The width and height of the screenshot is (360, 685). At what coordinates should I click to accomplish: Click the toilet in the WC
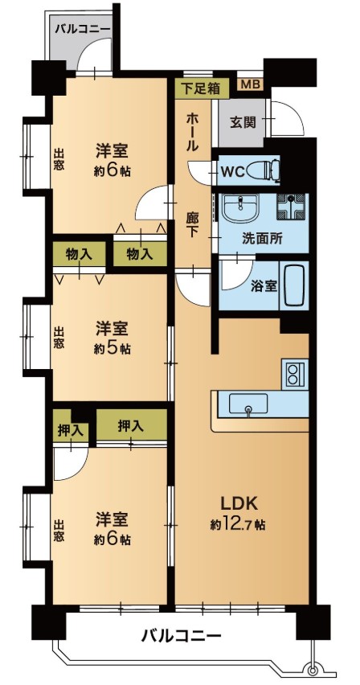pyautogui.click(x=263, y=170)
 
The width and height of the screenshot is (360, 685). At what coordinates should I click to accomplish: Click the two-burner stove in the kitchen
pyautogui.click(x=295, y=374)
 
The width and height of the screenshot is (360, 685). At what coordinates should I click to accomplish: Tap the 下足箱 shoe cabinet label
pyautogui.click(x=201, y=88)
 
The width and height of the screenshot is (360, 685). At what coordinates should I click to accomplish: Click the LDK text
pyautogui.click(x=239, y=504)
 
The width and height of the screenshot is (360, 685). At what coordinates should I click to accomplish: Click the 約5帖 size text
pyautogui.click(x=112, y=349)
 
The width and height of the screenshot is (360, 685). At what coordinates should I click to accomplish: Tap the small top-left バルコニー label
pyautogui.click(x=83, y=30)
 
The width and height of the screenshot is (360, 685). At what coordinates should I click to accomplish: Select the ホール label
pyautogui.click(x=193, y=132)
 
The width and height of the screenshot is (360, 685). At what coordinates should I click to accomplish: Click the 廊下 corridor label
pyautogui.click(x=193, y=224)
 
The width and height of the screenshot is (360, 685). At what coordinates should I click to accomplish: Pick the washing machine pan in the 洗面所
pyautogui.click(x=292, y=207)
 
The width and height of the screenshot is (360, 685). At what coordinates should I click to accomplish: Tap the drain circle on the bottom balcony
pyautogui.click(x=312, y=671)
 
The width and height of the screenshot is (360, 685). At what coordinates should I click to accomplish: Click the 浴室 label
pyautogui.click(x=264, y=286)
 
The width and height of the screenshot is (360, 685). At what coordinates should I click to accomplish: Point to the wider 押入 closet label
pyautogui.click(x=131, y=426)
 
